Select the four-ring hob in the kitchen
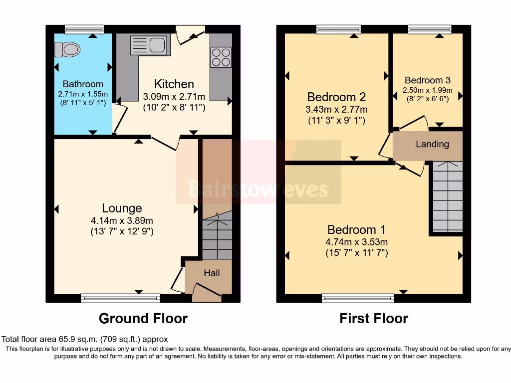click(x=221, y=56)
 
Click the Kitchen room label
click(x=174, y=84)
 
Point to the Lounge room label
click(x=122, y=208)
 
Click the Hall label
click(x=212, y=273)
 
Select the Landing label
click(x=432, y=144)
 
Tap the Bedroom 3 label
click(x=428, y=80)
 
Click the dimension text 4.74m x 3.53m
click(x=356, y=242)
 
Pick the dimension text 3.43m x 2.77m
click(x=336, y=109)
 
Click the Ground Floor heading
click(x=143, y=318)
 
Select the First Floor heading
click(x=374, y=318)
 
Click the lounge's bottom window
click(x=120, y=298)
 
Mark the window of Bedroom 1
click(x=358, y=298)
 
